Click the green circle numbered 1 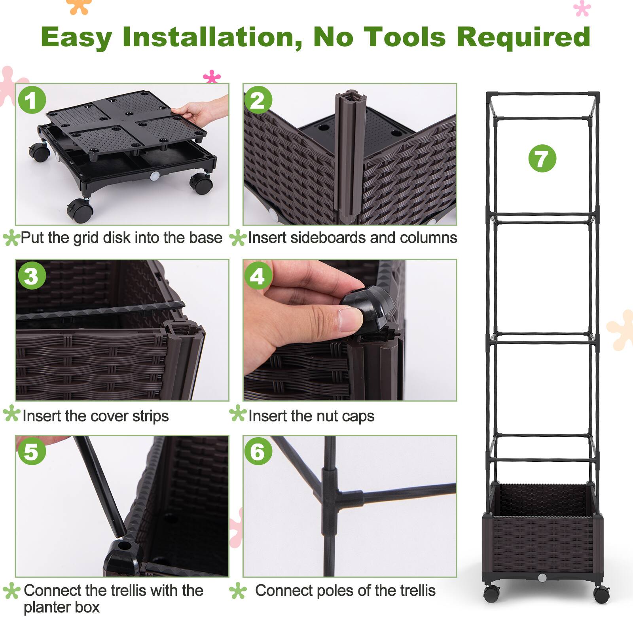click(x=32, y=100)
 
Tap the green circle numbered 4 click(x=258, y=276)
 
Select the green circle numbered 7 click(x=542, y=158)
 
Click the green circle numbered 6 click(x=258, y=451)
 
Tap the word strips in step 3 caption click(x=150, y=416)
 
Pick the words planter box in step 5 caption click(x=61, y=607)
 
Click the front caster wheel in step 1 click(x=80, y=208)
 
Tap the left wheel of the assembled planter click(x=492, y=594)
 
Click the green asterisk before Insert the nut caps click(x=237, y=413)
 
